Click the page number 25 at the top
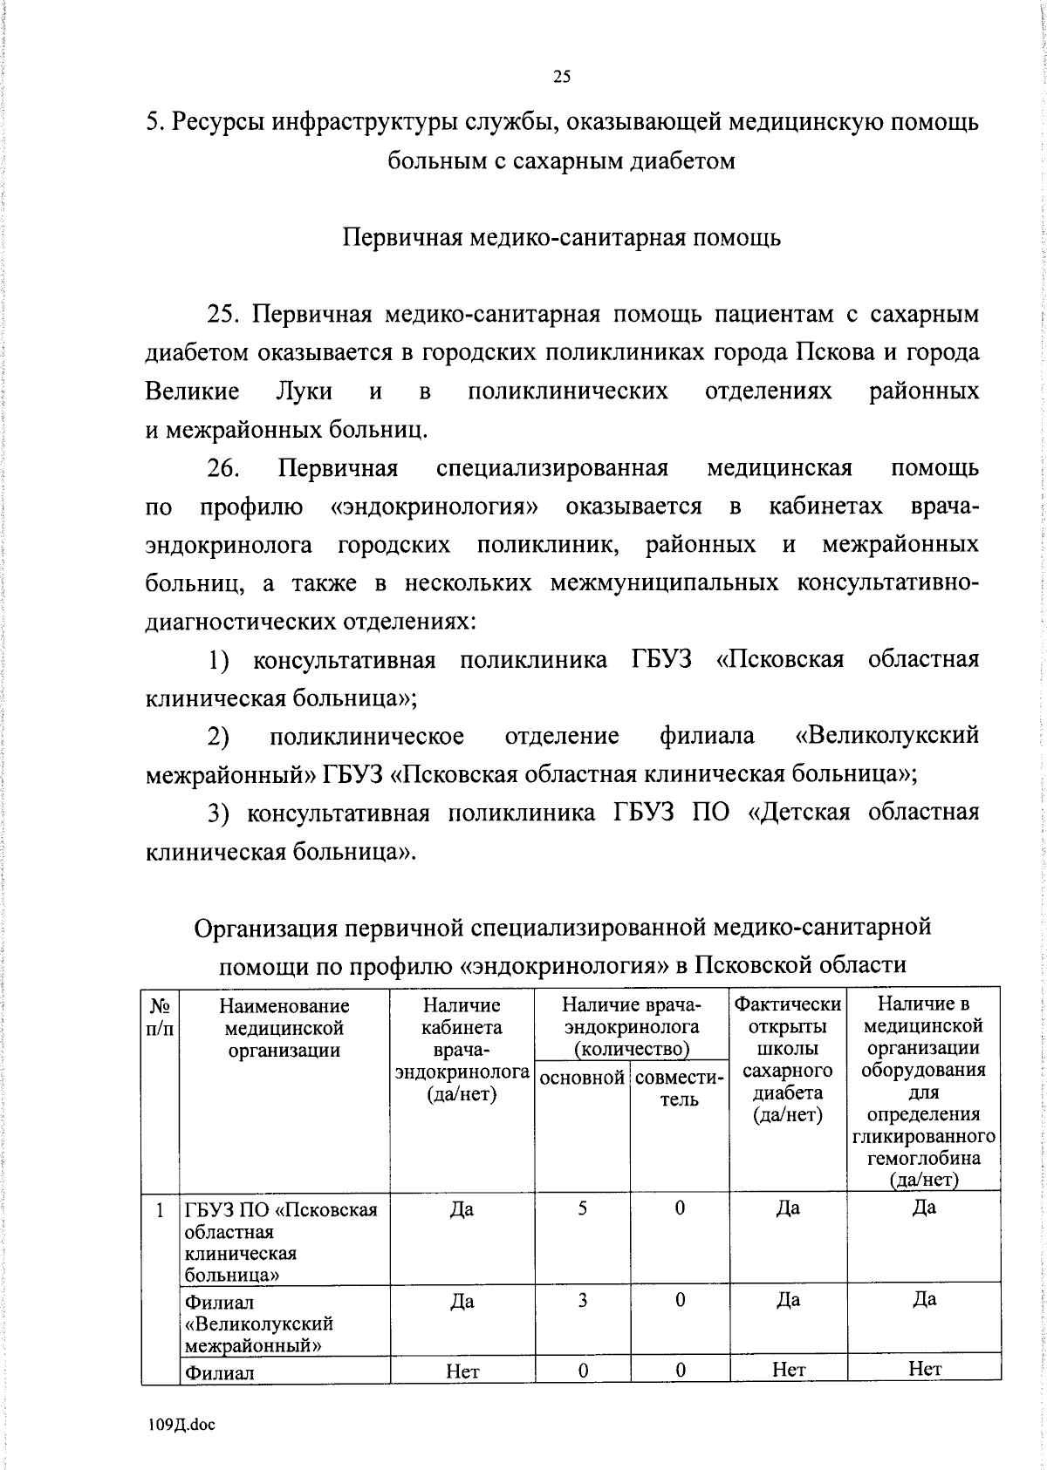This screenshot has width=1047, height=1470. click(x=561, y=77)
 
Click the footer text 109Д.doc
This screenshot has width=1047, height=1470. click(x=181, y=1425)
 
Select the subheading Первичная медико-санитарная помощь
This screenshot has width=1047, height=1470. click(x=561, y=238)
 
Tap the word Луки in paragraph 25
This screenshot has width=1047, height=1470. click(x=304, y=391)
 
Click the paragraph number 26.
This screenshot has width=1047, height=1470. click(x=223, y=468)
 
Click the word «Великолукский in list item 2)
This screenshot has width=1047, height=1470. click(x=887, y=736)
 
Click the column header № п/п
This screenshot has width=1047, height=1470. click(x=160, y=1017)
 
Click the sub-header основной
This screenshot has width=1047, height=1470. click(x=582, y=1078)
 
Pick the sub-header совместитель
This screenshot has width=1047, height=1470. click(x=679, y=1088)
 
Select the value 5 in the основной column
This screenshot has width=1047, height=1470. click(x=582, y=1208)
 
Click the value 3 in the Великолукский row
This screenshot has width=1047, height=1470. click(x=582, y=1300)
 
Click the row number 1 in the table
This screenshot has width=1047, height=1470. click(x=160, y=1210)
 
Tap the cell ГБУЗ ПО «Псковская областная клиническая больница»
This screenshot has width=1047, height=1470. click(x=283, y=1242)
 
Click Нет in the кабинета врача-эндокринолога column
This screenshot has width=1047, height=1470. click(x=462, y=1371)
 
